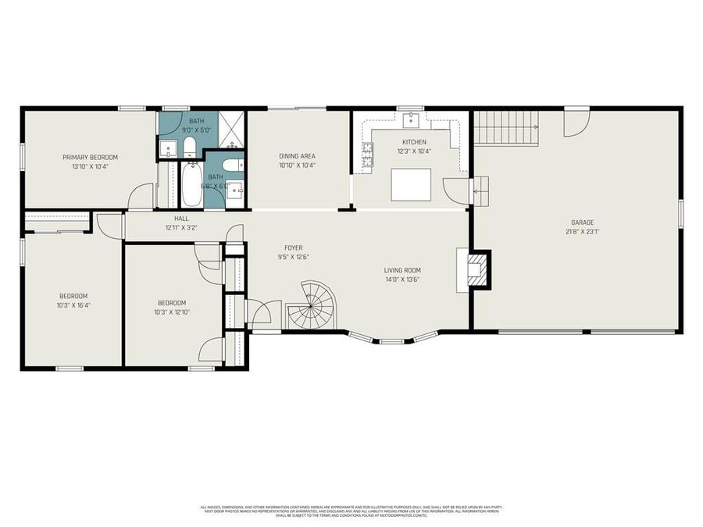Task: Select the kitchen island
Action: pyautogui.click(x=411, y=184)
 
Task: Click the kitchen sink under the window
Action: pyautogui.click(x=411, y=120)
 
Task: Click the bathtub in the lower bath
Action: pyautogui.click(x=191, y=184)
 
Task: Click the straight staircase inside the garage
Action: pyautogui.click(x=507, y=126)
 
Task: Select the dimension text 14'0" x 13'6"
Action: pyautogui.click(x=402, y=279)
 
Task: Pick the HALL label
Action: pyautogui.click(x=181, y=219)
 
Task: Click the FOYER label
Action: pyautogui.click(x=293, y=247)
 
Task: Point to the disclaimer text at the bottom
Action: pyautogui.click(x=351, y=511)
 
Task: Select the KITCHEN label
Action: pyautogui.click(x=413, y=141)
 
